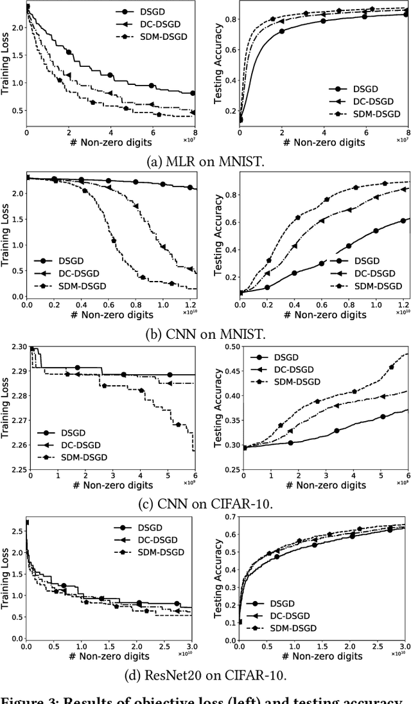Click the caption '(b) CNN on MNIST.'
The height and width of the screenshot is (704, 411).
tap(205, 334)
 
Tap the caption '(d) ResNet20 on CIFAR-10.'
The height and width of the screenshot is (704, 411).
tap(205, 676)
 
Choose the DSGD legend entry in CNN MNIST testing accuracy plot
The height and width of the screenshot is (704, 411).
tap(367, 260)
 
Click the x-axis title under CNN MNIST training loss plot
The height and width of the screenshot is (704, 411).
tap(112, 314)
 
